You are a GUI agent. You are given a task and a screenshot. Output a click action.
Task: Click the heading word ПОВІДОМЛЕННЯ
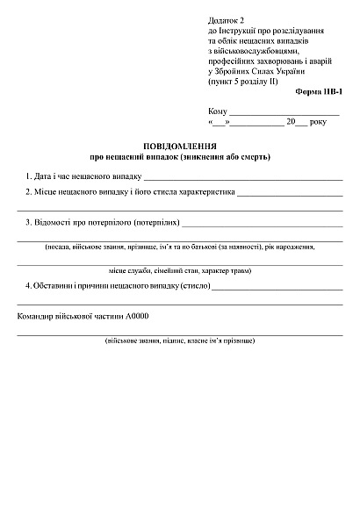coord(179,146)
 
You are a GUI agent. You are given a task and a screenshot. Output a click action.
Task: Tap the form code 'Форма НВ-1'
coord(320,91)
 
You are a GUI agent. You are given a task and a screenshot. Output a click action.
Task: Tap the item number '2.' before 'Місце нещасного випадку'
coord(29,191)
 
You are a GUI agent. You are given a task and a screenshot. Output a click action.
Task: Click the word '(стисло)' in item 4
coord(191,286)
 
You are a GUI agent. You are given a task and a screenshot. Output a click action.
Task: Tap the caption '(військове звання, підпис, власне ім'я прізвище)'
coord(179,339)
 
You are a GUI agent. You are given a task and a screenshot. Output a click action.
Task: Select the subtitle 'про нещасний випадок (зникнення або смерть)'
coord(179,158)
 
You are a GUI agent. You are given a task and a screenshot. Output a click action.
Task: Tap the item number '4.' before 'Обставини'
coord(29,286)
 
